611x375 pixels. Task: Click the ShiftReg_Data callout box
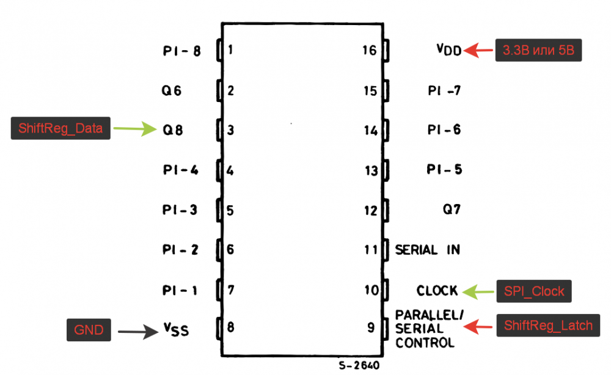click(x=60, y=128)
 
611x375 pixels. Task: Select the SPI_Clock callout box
click(x=534, y=291)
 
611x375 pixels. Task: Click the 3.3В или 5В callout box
click(x=538, y=51)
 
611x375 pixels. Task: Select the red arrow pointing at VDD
click(x=478, y=51)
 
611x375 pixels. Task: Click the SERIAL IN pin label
click(x=427, y=250)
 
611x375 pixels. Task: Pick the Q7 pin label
click(x=452, y=209)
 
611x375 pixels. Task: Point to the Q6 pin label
click(x=172, y=92)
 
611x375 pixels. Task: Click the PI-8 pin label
click(x=181, y=51)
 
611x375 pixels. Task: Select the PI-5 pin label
click(x=444, y=170)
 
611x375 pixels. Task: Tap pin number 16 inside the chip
click(x=369, y=50)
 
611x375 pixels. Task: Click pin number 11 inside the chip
click(x=371, y=250)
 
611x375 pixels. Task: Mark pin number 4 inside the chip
click(x=230, y=170)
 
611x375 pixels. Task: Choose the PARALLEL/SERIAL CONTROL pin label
click(x=430, y=329)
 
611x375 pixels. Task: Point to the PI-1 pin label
click(x=180, y=291)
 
